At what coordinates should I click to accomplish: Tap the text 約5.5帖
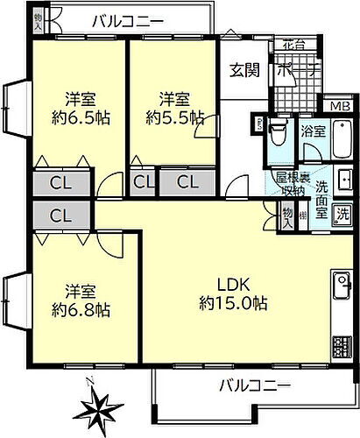point(174,116)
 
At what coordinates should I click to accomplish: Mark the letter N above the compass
point(91,380)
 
